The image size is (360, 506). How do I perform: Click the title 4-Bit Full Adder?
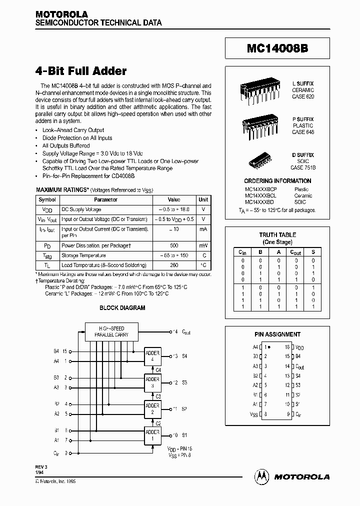81,71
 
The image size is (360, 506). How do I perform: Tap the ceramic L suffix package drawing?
258,90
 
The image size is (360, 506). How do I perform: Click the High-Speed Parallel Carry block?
111,331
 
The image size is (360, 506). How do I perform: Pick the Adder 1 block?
152,434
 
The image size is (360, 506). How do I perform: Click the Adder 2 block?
152,408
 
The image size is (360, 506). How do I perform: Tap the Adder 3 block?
152,382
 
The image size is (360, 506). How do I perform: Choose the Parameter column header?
105,199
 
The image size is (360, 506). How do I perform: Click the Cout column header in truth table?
295,253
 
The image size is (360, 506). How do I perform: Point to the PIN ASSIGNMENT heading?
277,334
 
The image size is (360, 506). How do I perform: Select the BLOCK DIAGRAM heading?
122,308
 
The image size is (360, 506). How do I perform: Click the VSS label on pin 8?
253,413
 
